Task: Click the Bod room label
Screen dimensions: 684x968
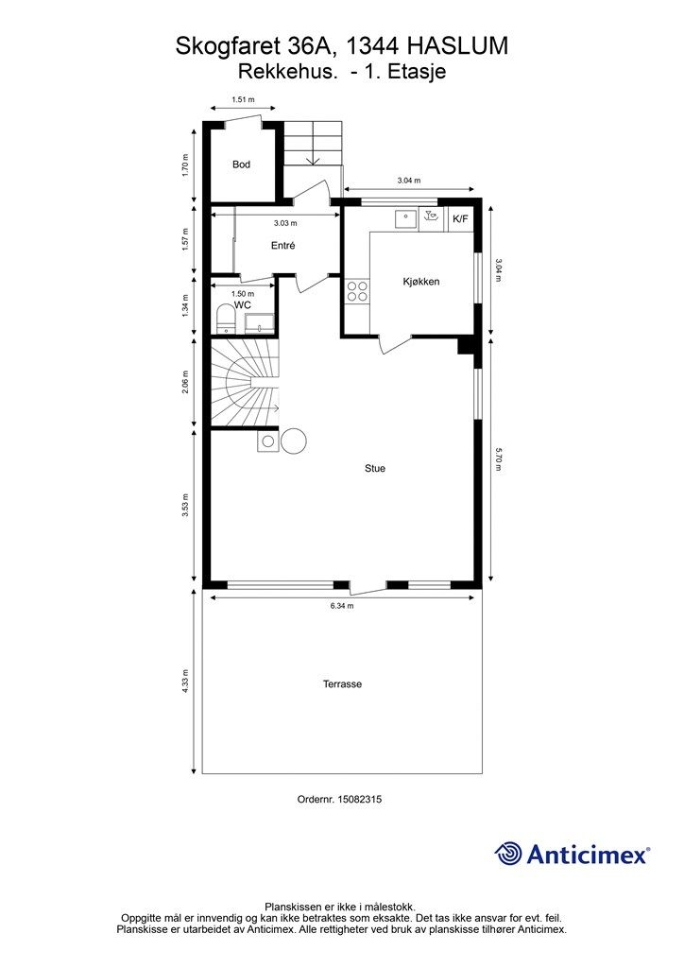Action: point(241,164)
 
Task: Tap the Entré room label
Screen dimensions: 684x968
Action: point(283,245)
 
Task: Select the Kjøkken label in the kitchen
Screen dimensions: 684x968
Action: point(421,282)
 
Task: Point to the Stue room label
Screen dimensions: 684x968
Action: point(375,469)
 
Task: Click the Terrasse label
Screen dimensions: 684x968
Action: point(342,684)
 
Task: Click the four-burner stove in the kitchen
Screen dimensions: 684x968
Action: point(357,291)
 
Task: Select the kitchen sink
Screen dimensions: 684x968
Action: point(406,218)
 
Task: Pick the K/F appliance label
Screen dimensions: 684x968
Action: point(460,218)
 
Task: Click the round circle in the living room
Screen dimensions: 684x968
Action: point(294,441)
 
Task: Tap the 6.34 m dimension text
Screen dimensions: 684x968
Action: point(342,606)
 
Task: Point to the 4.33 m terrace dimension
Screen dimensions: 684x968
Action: point(185,682)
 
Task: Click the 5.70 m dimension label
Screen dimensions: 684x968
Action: point(499,459)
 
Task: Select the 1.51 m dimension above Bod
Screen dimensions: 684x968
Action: point(243,99)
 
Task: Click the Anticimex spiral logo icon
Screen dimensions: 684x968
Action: point(508,854)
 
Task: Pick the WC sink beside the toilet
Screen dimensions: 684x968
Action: point(260,323)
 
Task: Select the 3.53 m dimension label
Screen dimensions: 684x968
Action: point(185,505)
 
